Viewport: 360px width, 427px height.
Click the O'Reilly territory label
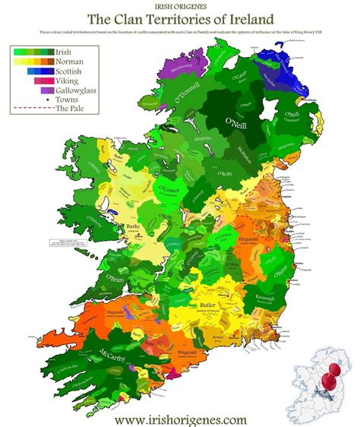point(223,176)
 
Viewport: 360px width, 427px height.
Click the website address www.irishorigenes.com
point(180,418)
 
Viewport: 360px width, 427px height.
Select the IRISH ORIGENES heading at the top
point(180,5)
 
